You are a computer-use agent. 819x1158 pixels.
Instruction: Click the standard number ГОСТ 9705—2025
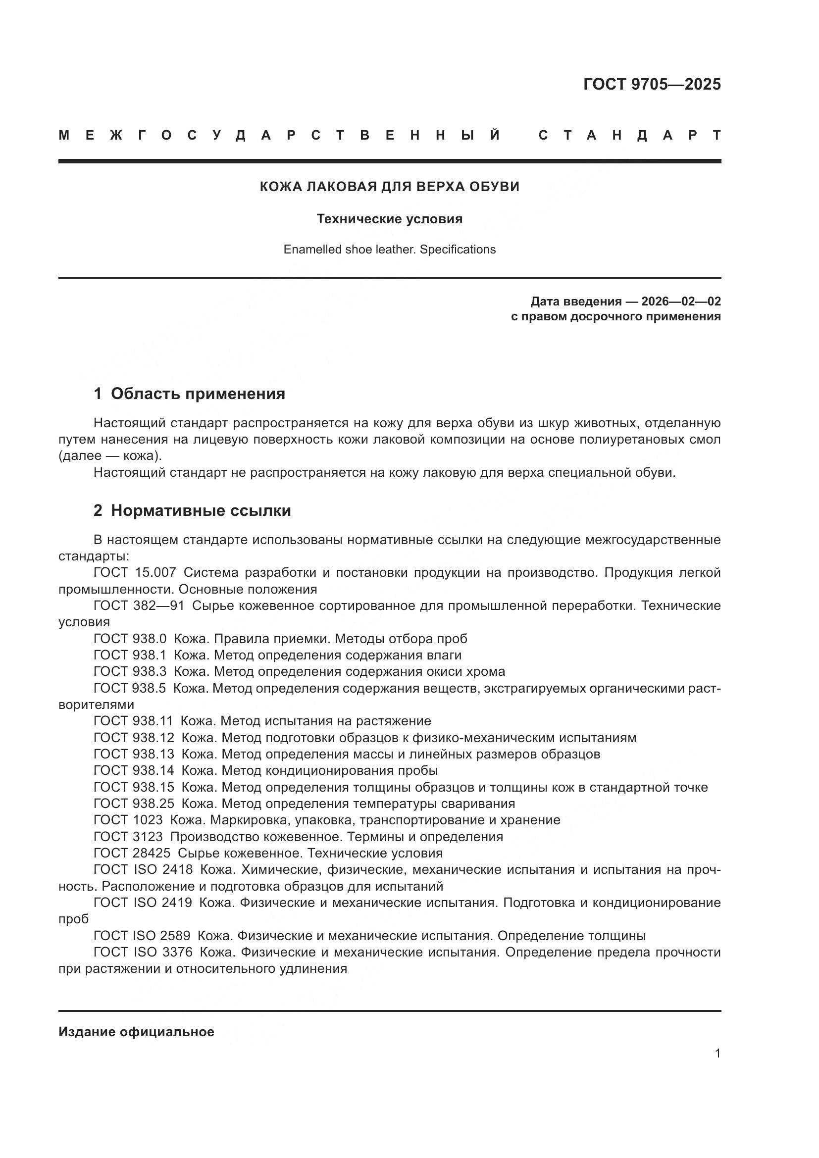[x=652, y=84]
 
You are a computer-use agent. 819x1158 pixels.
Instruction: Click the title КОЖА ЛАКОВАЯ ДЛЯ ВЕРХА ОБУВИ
[x=389, y=187]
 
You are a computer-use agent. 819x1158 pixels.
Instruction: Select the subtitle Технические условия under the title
[x=389, y=219]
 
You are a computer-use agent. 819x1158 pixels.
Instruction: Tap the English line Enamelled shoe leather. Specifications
[x=389, y=250]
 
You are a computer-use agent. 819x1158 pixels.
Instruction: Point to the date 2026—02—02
[x=680, y=302]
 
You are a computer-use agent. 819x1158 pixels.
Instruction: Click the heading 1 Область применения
[x=189, y=394]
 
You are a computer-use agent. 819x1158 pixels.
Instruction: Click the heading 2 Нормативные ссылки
[x=192, y=510]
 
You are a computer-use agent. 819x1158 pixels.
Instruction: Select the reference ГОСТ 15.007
[x=135, y=572]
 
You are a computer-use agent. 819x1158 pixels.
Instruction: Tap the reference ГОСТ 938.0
[x=130, y=639]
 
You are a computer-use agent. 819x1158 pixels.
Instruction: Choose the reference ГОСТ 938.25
[x=134, y=804]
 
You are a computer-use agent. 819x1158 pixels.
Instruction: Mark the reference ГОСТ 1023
[x=128, y=820]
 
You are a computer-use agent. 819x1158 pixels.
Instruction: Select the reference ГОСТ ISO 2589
[x=142, y=936]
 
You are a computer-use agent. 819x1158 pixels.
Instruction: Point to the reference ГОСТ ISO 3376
[x=143, y=952]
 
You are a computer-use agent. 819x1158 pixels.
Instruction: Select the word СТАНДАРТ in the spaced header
[x=630, y=135]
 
